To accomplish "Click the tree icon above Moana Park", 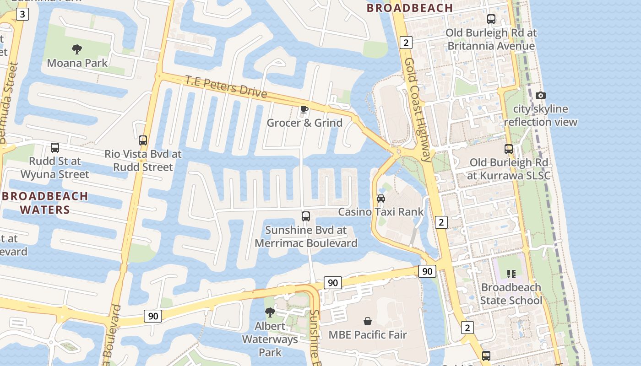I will coord(77,49).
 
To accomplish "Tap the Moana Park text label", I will coord(77,63).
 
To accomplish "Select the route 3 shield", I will coord(22,14).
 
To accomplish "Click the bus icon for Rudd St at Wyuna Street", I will coord(55,148).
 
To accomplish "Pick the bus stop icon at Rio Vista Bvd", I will coord(143,140).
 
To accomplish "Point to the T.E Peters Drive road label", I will coord(226,86).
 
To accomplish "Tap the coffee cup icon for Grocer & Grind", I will coord(304,109).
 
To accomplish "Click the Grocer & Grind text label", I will coord(304,123).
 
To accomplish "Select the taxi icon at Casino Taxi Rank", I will coord(380,199).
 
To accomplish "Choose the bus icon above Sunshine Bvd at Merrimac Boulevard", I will coord(306,216).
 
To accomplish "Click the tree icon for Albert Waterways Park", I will coord(270,312).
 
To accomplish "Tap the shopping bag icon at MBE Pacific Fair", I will coord(367,321).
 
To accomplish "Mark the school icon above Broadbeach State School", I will coord(511,274).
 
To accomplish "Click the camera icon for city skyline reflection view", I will coord(541,95).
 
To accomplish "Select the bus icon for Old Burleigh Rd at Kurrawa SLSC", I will coord(509,149).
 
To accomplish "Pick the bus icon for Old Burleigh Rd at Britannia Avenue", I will coord(491,19).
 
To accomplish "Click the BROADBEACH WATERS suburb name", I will coord(45,203).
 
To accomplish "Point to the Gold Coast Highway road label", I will coord(418,110).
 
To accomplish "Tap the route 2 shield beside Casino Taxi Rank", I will coord(441,222).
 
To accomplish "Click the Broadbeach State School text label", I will coord(511,294).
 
